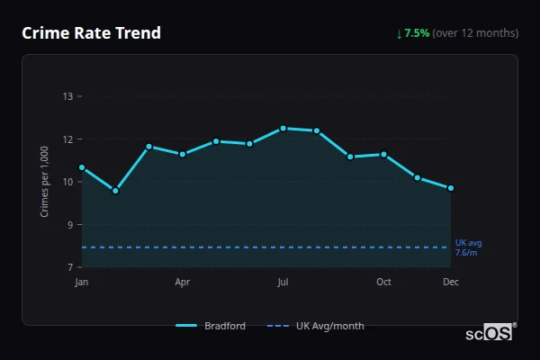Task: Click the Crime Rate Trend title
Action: coord(91,33)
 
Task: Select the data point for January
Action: coord(82,167)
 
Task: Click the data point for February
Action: coord(115,191)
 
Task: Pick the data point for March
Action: coord(148,147)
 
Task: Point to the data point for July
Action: coord(283,128)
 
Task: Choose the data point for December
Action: coord(451,188)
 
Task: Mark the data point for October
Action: coord(383,154)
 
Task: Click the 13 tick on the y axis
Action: coord(67,96)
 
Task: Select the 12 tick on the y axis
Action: coord(67,139)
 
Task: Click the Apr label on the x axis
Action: coord(182,283)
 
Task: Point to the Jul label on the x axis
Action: coord(283,283)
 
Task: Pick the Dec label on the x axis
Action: coord(451,283)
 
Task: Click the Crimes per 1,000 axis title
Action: coord(44,182)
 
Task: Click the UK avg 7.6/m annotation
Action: coord(468,247)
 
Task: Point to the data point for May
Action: coord(216,141)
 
